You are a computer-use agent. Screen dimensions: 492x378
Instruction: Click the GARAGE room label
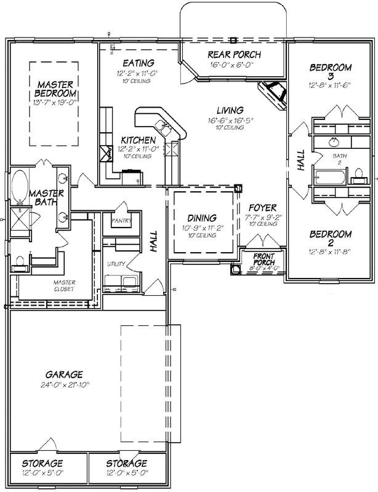64,374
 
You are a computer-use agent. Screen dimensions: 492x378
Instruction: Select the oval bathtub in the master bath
19,183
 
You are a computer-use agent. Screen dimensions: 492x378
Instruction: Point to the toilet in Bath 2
356,180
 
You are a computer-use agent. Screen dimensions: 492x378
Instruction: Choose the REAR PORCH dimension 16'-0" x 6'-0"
234,65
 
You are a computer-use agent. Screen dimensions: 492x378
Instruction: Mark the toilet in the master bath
20,263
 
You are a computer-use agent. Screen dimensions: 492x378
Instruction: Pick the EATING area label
138,63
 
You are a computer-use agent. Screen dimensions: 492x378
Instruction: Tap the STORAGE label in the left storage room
43,462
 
